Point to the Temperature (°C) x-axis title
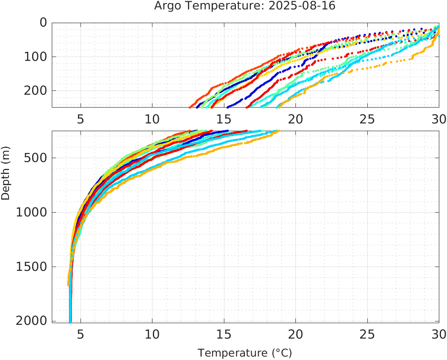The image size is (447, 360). (x=244, y=353)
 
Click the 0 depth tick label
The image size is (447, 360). (x=43, y=23)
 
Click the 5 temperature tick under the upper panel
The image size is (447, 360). (x=80, y=119)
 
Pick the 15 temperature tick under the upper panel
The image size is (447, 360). (x=223, y=119)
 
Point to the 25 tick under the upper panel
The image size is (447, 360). (x=367, y=119)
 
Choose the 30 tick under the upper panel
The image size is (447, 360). (x=438, y=119)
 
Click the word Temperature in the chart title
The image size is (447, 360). (x=213, y=6)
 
